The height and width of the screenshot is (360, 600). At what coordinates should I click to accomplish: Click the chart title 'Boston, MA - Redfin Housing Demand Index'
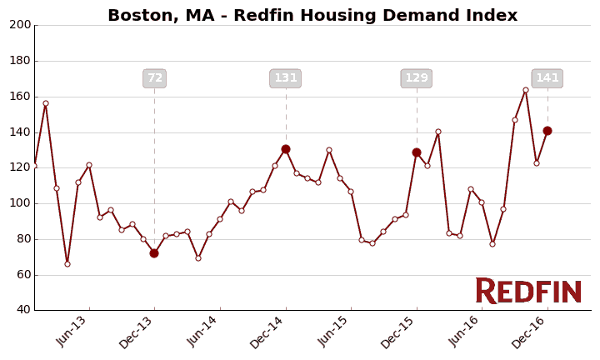pos(312,16)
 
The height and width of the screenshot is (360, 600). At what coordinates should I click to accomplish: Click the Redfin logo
pos(528,292)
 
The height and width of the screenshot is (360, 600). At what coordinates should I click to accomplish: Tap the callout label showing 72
pos(155,78)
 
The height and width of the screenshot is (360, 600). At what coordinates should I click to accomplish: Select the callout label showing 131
pos(286,78)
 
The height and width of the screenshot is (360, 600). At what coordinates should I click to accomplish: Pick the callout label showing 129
pos(417,78)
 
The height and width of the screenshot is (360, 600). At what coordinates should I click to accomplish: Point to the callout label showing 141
pos(547,78)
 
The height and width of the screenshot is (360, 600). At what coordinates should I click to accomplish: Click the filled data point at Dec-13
pos(154,253)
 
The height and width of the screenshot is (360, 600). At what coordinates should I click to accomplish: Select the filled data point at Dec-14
pos(286,149)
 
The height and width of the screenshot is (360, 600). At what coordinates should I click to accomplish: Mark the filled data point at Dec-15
pos(417,152)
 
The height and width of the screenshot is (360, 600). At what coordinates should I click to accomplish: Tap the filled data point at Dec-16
pos(547,131)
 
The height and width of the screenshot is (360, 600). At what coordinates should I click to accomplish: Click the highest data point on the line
pos(526,90)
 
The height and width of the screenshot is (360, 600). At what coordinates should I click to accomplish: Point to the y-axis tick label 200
pos(20,25)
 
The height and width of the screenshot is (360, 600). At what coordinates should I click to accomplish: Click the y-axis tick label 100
pos(20,203)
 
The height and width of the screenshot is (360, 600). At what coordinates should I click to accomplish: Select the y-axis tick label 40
pos(22,310)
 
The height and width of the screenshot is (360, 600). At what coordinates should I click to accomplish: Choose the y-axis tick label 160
pos(20,97)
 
